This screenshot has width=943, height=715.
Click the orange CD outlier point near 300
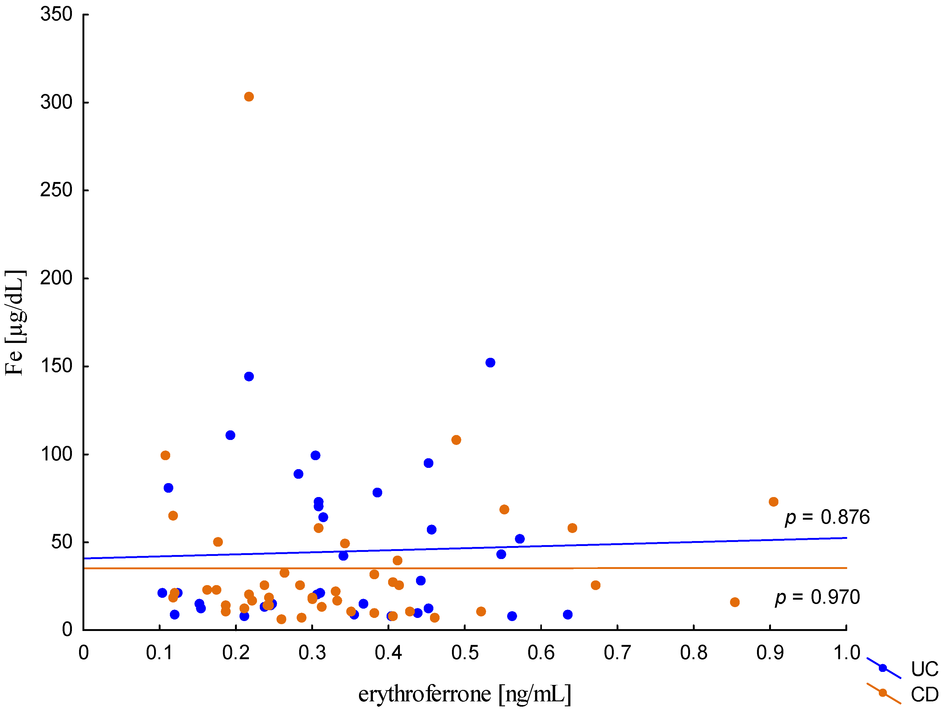pos(249,97)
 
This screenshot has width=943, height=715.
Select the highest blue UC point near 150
pos(490,362)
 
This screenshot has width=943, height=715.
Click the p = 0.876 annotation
pos(827,517)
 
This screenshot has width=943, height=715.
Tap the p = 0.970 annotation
pos(817,597)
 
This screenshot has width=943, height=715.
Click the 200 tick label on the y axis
pos(56,278)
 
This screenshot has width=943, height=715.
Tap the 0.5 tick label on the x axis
pos(465,653)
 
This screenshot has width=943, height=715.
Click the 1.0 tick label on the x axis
pos(846,653)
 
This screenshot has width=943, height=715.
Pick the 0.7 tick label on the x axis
pos(617,653)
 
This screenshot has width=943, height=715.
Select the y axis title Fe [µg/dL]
pos(15,323)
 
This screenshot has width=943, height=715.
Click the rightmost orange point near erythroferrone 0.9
pos(774,502)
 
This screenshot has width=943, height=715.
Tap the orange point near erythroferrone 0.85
pos(735,602)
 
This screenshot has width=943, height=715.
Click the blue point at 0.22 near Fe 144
pos(249,376)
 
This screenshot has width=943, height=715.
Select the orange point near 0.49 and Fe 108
pos(456,440)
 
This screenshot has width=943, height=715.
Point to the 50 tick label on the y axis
pos(62,542)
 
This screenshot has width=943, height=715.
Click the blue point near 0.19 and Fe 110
pos(230,435)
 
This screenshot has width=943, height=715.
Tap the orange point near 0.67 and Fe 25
pos(595,585)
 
